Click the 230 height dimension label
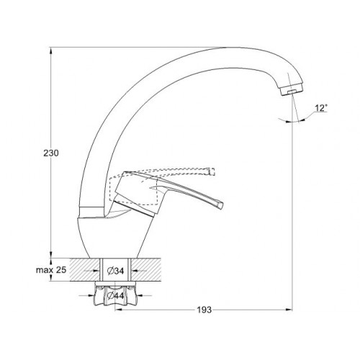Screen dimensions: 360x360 tap(51, 153)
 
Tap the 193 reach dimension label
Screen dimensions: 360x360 tap(204, 310)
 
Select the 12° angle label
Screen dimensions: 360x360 tap(321, 108)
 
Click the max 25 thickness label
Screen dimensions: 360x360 tap(51, 270)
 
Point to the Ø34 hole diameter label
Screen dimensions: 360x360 tap(115, 271)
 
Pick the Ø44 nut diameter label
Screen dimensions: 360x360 tap(116, 296)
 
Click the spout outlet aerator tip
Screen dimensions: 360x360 tap(292, 91)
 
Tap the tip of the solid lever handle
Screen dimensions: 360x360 tap(221, 205)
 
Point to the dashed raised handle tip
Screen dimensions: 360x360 tap(212, 171)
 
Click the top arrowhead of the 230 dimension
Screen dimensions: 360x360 tap(50, 51)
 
